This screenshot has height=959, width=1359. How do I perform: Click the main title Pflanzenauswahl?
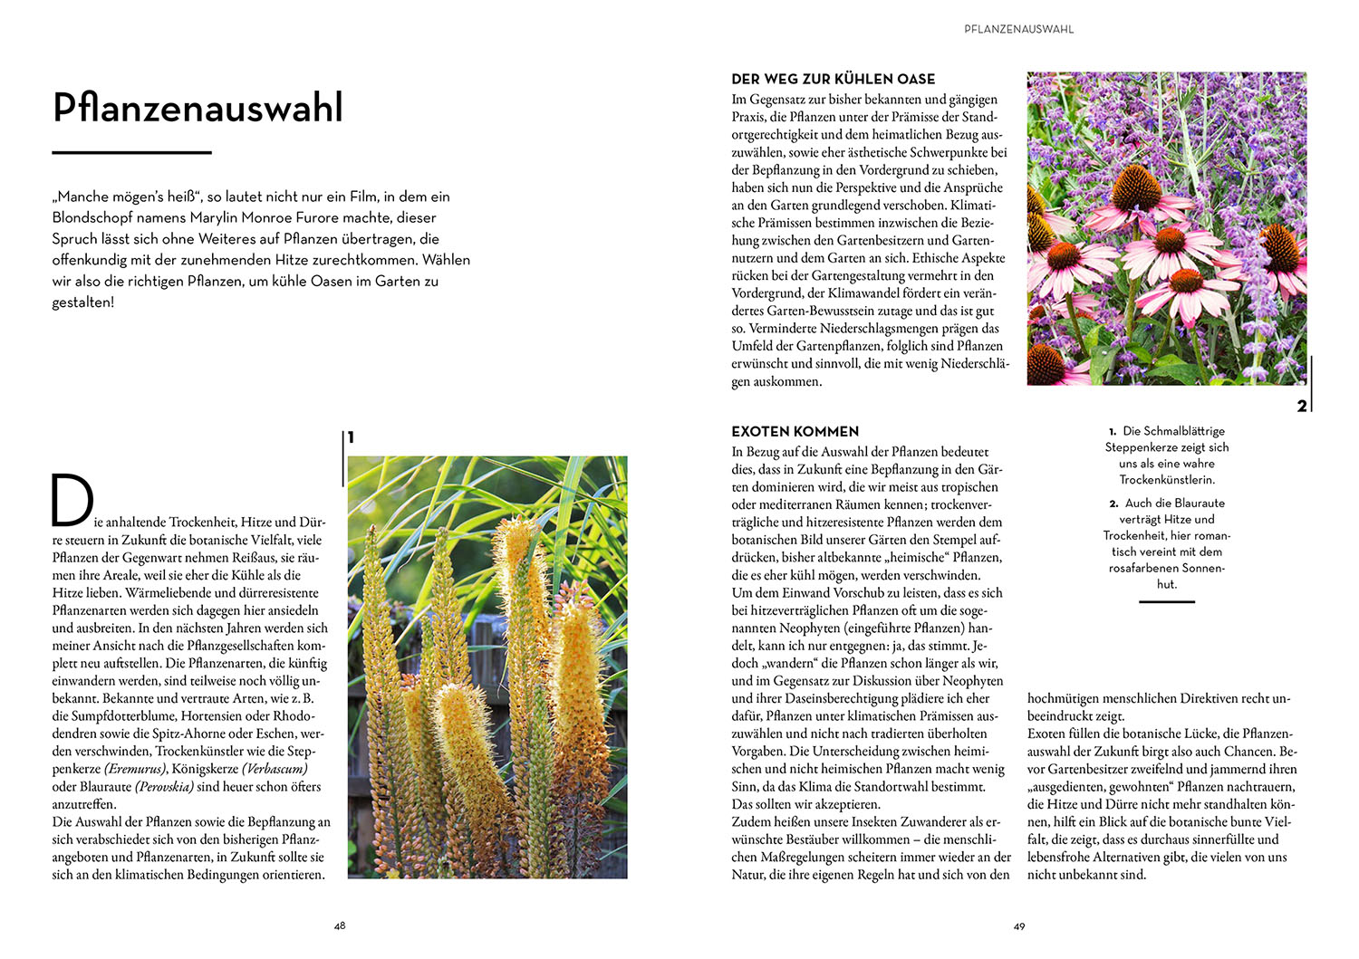(x=198, y=108)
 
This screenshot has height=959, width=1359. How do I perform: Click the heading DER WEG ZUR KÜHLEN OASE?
(x=833, y=79)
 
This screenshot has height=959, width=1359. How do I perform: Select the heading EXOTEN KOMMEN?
(x=795, y=432)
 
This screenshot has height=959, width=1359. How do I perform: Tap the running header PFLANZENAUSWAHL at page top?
(x=1018, y=29)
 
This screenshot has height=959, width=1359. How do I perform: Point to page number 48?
(x=340, y=925)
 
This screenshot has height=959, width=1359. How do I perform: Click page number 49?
(x=1019, y=925)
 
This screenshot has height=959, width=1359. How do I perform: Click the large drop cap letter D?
(x=72, y=500)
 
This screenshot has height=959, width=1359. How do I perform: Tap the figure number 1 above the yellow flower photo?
(x=351, y=437)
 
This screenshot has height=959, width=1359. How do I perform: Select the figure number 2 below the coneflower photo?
(x=1302, y=406)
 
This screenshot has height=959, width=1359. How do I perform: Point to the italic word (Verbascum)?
(x=275, y=769)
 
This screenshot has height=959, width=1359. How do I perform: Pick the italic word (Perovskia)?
(x=164, y=787)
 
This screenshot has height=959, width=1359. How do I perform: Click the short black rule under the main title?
(x=131, y=152)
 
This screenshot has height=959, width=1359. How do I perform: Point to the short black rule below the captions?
(x=1166, y=601)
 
